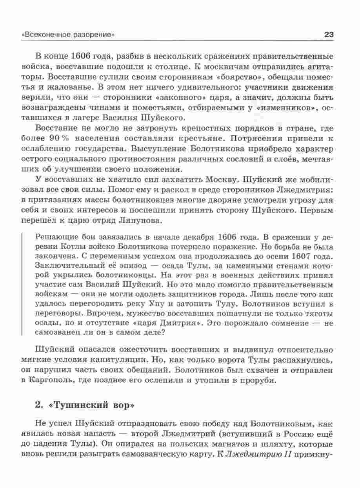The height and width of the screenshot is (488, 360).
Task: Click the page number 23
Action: click(329, 35)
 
